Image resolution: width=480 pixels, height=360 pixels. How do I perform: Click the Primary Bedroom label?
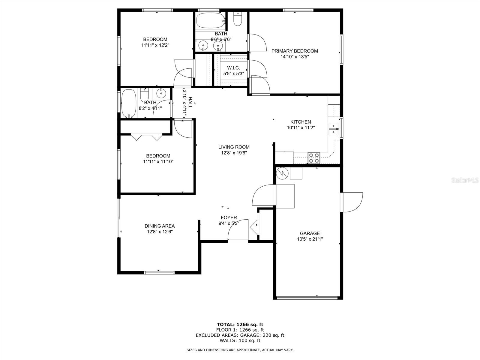point(295,51)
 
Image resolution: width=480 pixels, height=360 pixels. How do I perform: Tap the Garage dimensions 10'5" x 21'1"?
point(310,239)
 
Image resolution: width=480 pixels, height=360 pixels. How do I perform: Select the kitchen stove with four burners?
point(314,158)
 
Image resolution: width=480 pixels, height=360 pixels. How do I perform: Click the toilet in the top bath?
point(238,19)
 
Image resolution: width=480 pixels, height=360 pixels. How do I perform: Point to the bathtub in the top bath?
point(210,20)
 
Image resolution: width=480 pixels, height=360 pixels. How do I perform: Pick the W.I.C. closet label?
point(233,68)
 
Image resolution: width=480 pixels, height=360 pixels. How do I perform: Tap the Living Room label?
point(234,147)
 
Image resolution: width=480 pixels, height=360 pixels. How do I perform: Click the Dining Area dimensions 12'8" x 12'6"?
point(160,232)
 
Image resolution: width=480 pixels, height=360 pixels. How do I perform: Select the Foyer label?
point(229,217)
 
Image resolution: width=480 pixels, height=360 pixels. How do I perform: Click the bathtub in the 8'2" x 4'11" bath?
point(129,103)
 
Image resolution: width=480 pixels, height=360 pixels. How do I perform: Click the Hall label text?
point(190,103)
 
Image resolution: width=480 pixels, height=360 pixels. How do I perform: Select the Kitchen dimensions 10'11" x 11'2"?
point(301,128)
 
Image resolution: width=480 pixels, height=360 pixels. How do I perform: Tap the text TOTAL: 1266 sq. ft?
point(240,325)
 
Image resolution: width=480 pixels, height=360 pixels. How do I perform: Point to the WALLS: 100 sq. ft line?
point(240,340)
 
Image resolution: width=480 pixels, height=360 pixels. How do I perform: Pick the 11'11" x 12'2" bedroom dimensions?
point(155,45)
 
